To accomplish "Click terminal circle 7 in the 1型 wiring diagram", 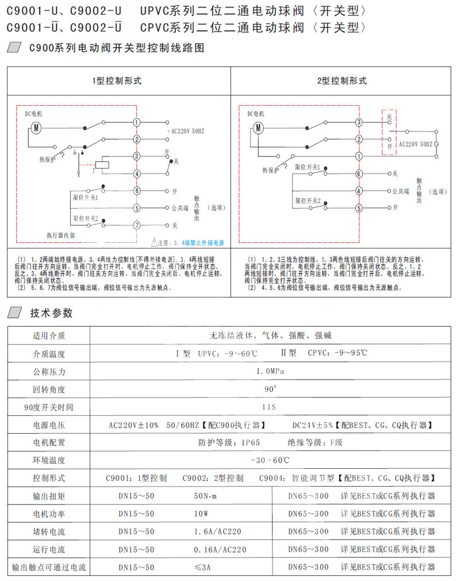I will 137,225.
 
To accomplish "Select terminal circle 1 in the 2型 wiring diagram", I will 359,156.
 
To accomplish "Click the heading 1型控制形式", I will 117,81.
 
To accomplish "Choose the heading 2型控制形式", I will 342,81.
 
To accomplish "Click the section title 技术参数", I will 52,314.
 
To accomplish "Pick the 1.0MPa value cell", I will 270,372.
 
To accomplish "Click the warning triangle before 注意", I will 154,242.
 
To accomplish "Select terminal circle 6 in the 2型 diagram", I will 359,173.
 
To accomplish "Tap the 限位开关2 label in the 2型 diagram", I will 308,201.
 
